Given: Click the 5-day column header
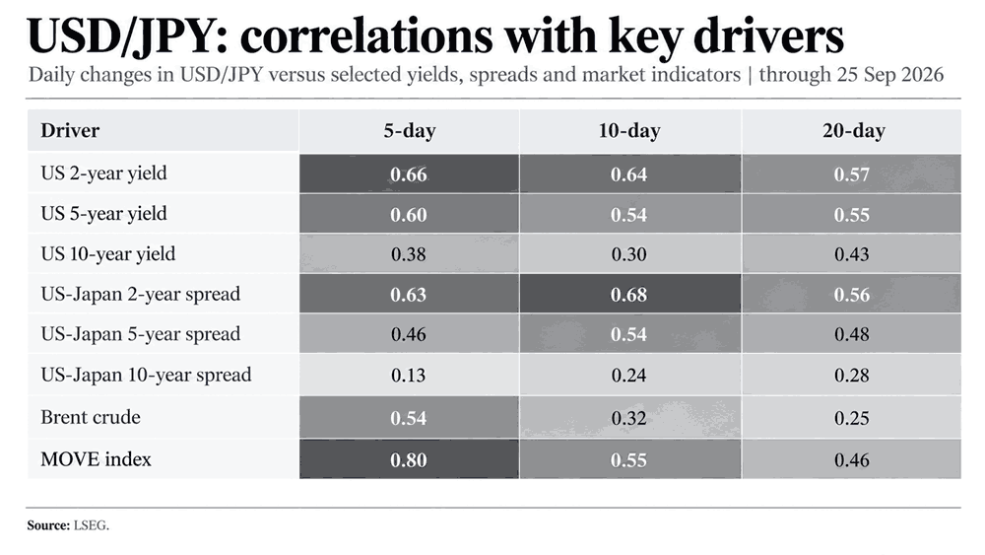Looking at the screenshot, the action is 410,131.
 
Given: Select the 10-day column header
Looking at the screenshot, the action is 629,131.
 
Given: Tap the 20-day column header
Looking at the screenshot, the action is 854,131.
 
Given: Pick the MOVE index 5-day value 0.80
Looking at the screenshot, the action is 409,460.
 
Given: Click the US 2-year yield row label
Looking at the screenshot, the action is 103,173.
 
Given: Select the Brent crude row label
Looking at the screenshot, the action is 91,417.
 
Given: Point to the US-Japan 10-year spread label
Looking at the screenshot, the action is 146,375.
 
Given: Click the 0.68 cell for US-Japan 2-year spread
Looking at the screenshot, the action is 628,295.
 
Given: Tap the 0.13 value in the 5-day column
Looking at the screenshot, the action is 409,376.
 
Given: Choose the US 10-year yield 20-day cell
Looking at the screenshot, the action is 852,254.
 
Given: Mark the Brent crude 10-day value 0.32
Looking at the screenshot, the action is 628,418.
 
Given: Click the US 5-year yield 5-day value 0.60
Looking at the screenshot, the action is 409,215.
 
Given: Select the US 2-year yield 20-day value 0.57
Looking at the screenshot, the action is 852,174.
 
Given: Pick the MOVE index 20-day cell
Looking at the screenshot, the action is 852,459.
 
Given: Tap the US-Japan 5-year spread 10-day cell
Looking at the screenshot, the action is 630,334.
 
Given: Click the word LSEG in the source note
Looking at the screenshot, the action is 91,525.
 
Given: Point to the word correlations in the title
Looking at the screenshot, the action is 366,36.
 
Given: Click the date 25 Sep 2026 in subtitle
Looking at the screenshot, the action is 890,75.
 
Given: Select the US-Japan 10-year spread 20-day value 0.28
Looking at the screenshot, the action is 852,376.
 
